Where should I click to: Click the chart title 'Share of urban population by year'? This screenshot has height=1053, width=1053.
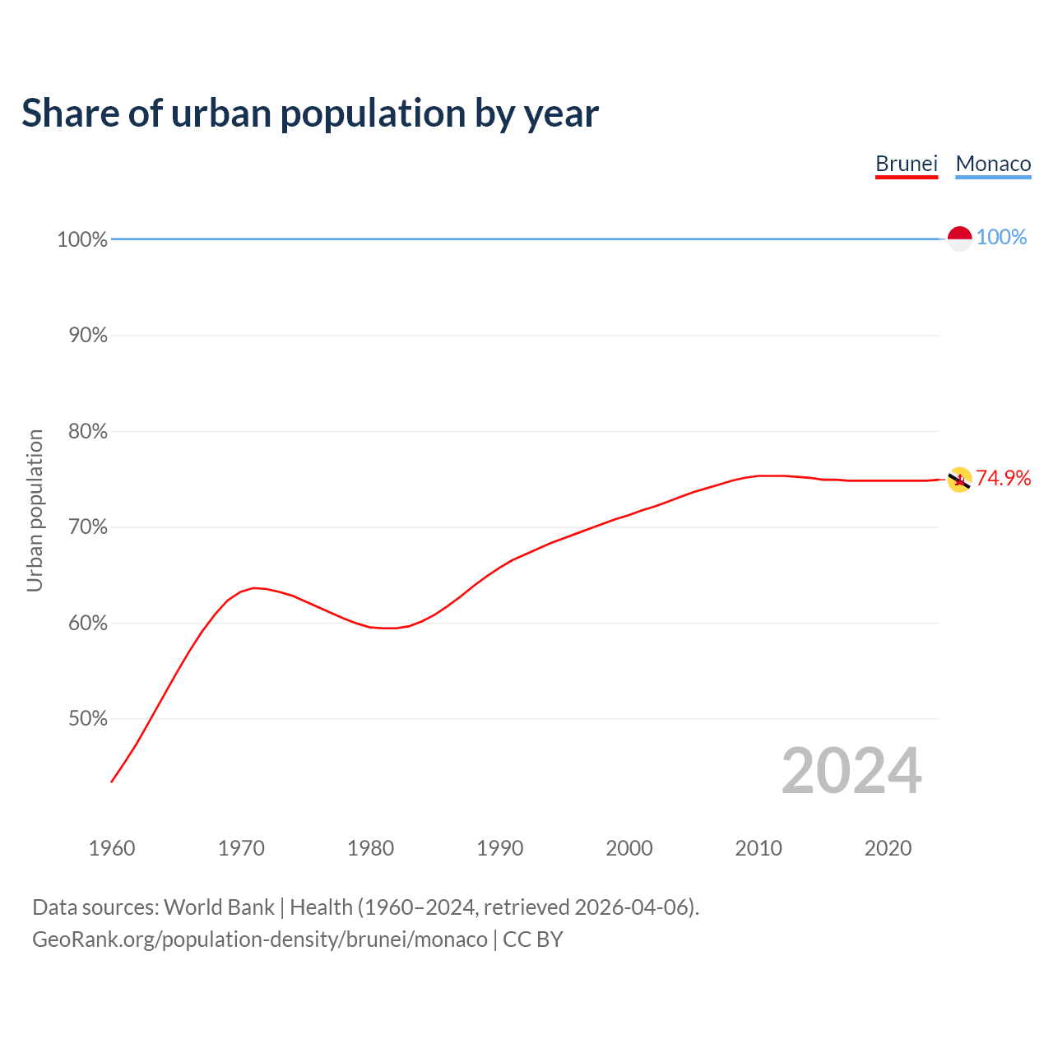click(310, 114)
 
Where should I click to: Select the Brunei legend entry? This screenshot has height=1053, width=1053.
click(907, 164)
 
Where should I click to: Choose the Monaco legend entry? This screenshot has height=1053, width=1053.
click(993, 164)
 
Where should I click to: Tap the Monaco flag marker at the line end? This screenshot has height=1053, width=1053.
click(959, 239)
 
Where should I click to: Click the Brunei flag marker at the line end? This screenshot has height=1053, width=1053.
click(959, 480)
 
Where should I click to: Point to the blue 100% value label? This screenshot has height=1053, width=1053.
click(1001, 238)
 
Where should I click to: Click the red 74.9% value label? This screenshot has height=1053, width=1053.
click(1003, 479)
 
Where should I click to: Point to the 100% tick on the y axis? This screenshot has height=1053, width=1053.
click(82, 239)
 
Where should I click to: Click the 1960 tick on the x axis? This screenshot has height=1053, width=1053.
click(112, 848)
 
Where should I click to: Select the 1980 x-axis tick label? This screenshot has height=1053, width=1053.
click(371, 848)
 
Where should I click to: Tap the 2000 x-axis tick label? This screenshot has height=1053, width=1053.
click(629, 848)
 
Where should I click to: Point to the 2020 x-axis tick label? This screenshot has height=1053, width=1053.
click(888, 848)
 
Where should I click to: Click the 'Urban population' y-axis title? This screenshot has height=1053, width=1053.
click(35, 510)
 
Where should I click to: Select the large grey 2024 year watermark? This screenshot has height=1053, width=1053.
click(851, 772)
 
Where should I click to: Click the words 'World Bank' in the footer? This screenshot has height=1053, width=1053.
click(219, 907)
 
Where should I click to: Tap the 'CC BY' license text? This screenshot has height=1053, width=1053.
click(532, 939)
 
